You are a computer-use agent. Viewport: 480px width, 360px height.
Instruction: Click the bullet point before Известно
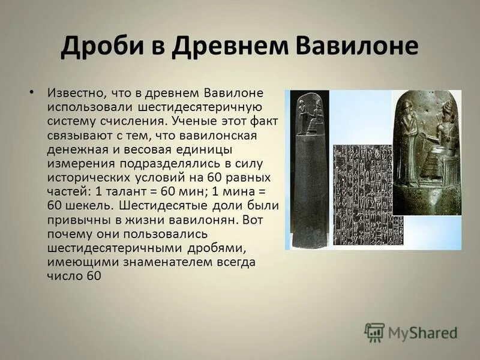click(x=32, y=92)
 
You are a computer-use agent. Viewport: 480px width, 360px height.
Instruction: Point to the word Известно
click(x=73, y=95)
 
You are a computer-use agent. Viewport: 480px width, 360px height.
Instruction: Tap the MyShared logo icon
click(x=374, y=332)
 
